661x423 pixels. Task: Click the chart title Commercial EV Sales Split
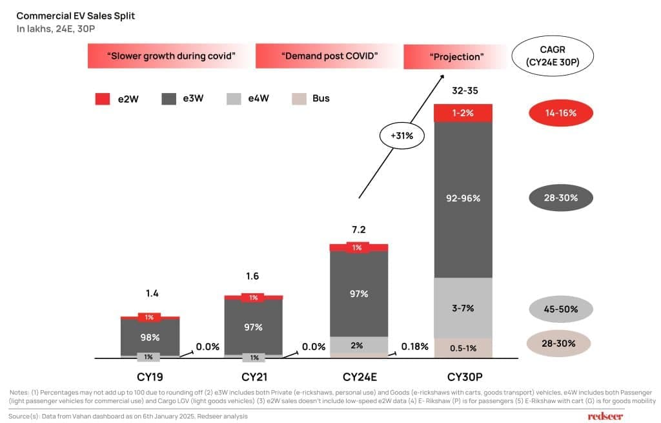tap(76, 15)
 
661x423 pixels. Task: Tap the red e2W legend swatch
tap(103, 99)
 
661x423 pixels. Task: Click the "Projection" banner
tap(456, 57)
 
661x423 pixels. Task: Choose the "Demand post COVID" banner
tap(329, 56)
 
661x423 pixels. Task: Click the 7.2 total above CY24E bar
tap(359, 230)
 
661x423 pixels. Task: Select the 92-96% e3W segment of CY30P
tap(463, 199)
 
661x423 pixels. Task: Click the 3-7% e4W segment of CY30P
tap(463, 308)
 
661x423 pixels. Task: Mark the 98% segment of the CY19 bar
tap(150, 337)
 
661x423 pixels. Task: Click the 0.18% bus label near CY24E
tap(414, 347)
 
